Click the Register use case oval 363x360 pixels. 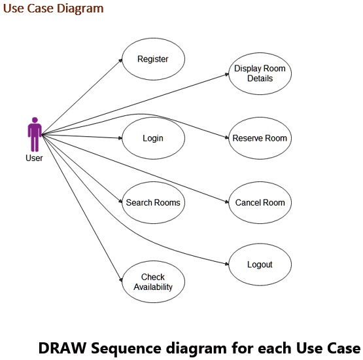pyautogui.click(x=153, y=59)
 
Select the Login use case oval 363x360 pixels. pyautogui.click(x=153, y=138)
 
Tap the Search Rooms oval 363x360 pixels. pyautogui.click(x=153, y=202)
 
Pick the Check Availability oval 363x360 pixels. pyautogui.click(x=153, y=282)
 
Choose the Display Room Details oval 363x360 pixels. pyautogui.click(x=260, y=74)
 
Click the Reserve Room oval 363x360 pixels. pyautogui.click(x=260, y=138)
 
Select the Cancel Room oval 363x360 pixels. pyautogui.click(x=260, y=202)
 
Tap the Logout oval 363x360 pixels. pyautogui.click(x=260, y=264)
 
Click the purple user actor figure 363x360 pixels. pyautogui.click(x=35, y=135)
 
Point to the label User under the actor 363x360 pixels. pyautogui.click(x=34, y=158)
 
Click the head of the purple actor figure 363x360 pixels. pyautogui.click(x=35, y=120)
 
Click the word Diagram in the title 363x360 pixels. pyautogui.click(x=80, y=9)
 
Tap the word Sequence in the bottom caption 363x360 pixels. pyautogui.click(x=125, y=348)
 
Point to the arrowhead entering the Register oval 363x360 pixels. pyautogui.click(x=120, y=60)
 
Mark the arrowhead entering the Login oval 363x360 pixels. pyautogui.click(x=120, y=138)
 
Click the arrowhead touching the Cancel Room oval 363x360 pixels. pyautogui.click(x=226, y=202)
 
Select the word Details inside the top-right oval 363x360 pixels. pyautogui.click(x=260, y=79)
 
